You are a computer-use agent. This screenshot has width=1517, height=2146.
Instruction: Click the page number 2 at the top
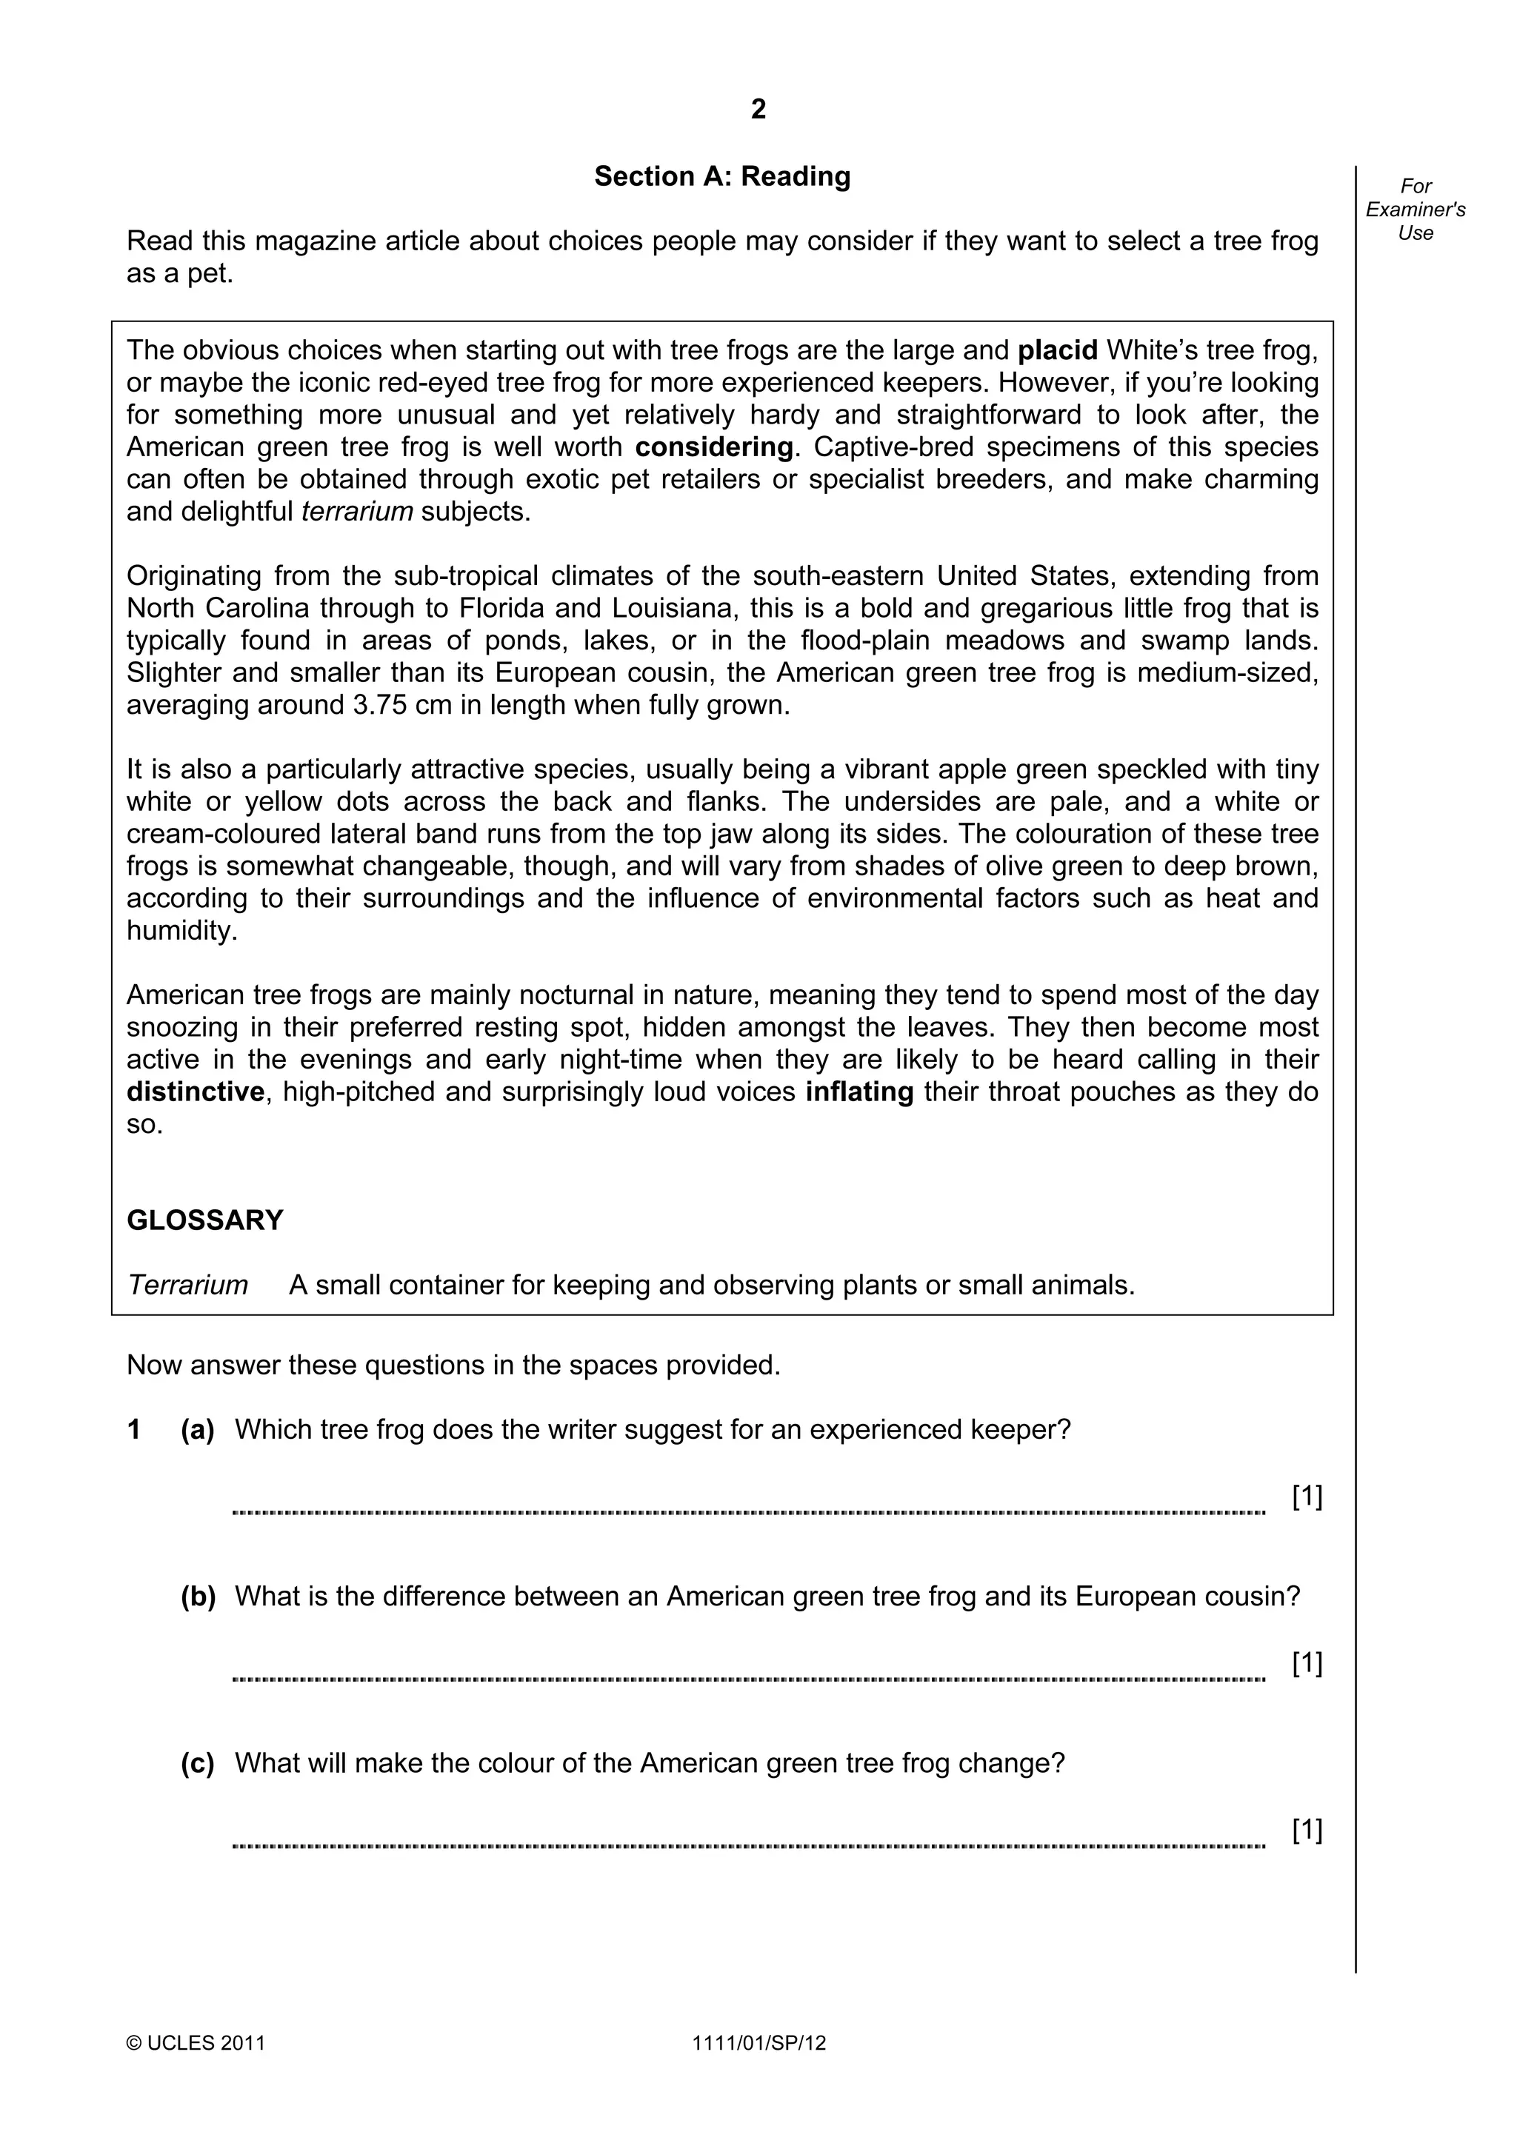pos(758,110)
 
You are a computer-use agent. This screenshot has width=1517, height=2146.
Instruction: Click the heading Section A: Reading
pos(721,177)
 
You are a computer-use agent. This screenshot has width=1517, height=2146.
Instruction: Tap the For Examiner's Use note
pos(1415,210)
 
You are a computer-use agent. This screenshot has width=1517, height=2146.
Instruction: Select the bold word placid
pos(1057,350)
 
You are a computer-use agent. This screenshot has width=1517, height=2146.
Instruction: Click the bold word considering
pos(714,447)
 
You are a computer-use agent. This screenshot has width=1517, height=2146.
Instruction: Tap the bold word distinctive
pos(196,1092)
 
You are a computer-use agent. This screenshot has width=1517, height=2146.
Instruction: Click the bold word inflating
pos(859,1092)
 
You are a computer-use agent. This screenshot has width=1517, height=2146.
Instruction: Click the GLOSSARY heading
pos(204,1220)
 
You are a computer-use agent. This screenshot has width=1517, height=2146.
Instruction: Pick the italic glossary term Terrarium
pos(188,1286)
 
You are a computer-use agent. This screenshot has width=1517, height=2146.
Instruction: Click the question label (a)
pos(197,1430)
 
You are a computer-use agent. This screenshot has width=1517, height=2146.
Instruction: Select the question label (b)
pos(197,1597)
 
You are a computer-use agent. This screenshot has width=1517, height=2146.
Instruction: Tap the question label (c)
pos(197,1762)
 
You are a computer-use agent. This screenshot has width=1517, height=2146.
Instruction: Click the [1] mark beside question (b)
pos(1307,1662)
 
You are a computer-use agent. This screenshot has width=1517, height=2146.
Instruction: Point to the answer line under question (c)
pos(747,1846)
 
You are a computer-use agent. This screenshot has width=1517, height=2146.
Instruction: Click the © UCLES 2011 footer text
pos(196,2043)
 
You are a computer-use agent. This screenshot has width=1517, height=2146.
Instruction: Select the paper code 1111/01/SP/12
pos(759,2043)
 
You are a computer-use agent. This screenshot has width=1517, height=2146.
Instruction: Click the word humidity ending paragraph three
pos(181,931)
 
